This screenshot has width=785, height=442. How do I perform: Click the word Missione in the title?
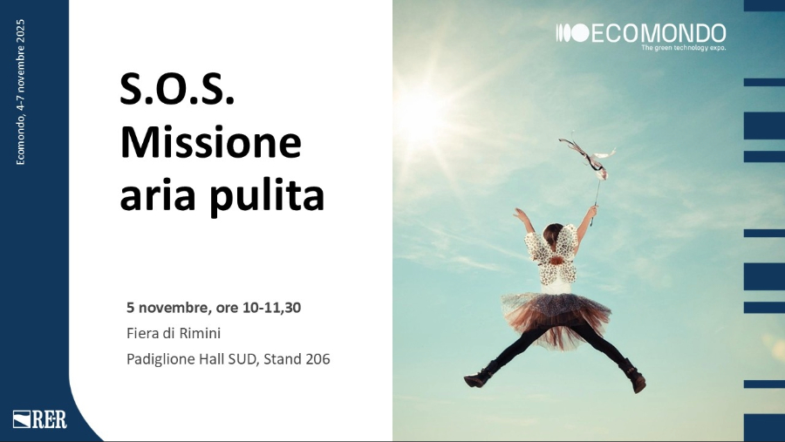(210, 142)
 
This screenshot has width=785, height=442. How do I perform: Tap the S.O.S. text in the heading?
(177, 90)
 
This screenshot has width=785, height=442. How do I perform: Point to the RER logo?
(40, 418)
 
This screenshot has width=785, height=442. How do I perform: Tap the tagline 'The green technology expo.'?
(683, 48)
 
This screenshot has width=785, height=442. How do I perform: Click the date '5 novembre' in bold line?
(167, 308)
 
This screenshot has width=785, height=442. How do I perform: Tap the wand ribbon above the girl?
(587, 155)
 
